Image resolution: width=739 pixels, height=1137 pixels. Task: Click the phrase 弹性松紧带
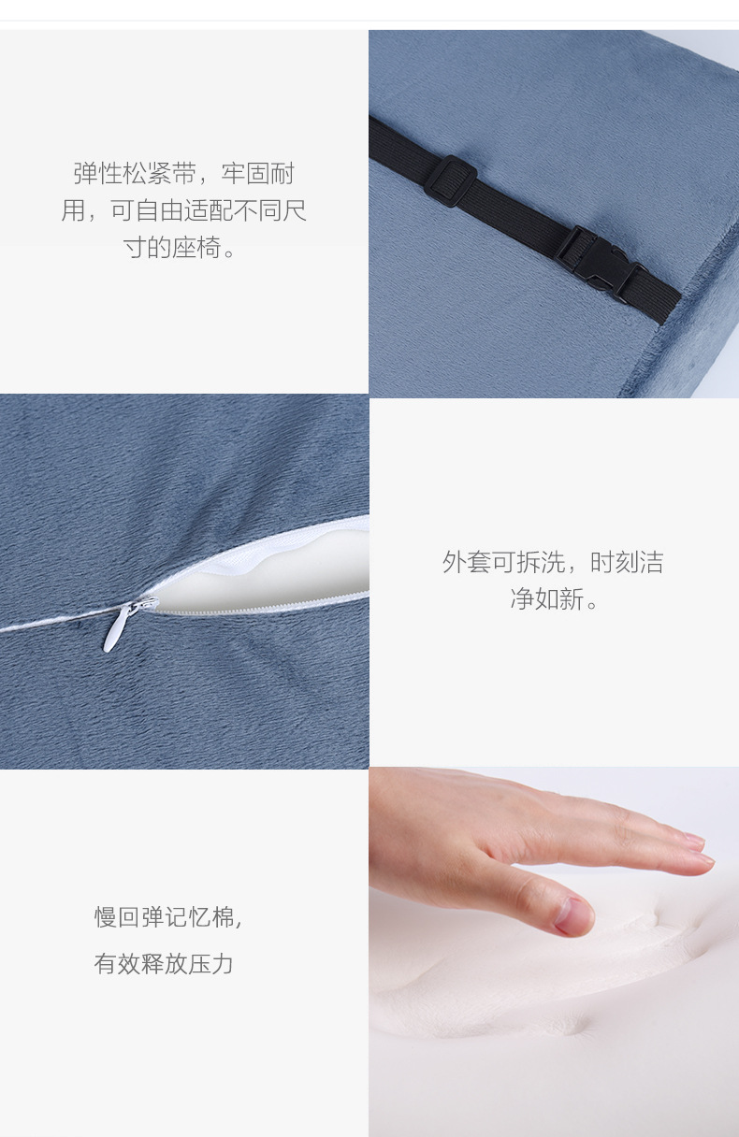(x=135, y=174)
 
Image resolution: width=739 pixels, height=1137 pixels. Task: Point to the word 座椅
(x=196, y=249)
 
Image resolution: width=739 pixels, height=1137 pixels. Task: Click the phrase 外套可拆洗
(x=503, y=563)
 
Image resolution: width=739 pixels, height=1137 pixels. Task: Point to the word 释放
(x=166, y=964)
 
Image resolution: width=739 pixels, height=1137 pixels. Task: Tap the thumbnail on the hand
(x=573, y=915)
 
